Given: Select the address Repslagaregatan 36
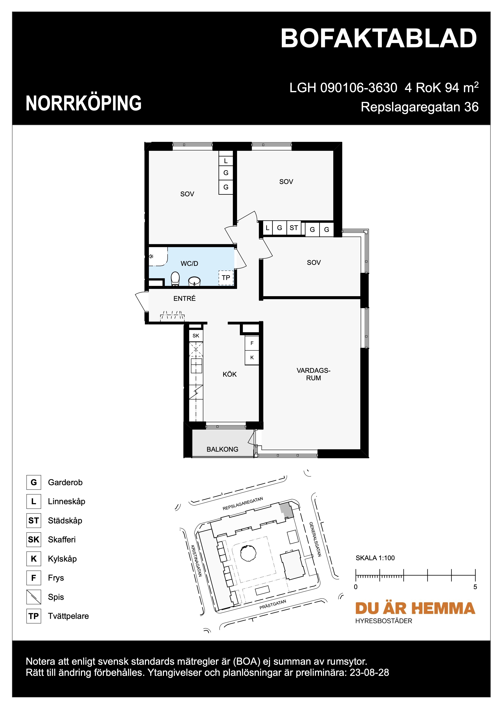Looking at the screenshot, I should (419, 107).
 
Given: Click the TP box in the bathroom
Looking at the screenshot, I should (226, 278).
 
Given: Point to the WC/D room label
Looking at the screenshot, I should (189, 263).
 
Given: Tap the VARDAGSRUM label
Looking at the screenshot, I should (313, 374).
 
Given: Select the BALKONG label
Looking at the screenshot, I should (222, 449).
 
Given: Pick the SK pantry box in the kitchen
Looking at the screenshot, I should (196, 336).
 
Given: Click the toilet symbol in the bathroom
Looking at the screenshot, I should (175, 279).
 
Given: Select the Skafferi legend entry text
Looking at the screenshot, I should (62, 539).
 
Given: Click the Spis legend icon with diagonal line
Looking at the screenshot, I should (34, 597).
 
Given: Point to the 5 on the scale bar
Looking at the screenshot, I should (475, 587).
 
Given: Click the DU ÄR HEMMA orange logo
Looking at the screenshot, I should (415, 608).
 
